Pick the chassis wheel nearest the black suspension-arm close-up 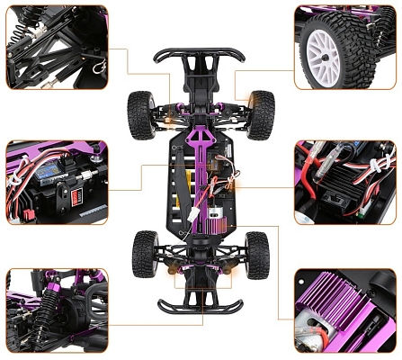point(140,114)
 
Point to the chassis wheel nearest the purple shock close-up point(143,254)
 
